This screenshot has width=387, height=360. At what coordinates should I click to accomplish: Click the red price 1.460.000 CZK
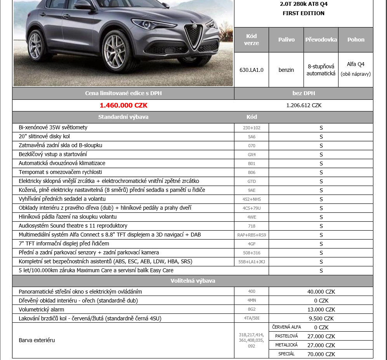point(123,105)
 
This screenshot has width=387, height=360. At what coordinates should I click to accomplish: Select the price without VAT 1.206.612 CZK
point(304,105)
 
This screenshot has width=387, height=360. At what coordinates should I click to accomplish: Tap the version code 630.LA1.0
point(251,70)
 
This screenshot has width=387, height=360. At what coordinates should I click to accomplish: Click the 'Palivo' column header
point(286,40)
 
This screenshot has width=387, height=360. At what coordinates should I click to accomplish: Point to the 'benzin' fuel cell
point(286,70)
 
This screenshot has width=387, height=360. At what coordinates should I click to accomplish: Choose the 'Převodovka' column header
point(321,40)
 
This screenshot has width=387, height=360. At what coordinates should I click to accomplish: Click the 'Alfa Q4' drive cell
point(356,64)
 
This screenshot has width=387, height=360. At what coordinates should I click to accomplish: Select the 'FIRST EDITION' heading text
point(304,13)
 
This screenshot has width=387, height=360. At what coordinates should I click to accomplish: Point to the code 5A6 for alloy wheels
point(252,137)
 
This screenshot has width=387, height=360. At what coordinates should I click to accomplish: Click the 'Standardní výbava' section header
point(123,117)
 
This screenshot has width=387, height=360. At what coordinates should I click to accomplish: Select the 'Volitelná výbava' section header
point(193,281)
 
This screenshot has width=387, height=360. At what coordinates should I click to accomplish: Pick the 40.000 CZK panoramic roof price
point(321,292)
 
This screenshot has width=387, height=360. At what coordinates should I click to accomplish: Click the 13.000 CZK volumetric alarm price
point(321,310)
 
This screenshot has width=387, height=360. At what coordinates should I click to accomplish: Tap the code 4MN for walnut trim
point(252,301)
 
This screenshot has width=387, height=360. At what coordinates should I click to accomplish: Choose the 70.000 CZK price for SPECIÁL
point(325,354)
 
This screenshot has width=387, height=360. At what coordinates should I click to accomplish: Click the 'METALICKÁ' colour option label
point(286,345)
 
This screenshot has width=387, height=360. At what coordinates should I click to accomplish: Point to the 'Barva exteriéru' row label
point(37,340)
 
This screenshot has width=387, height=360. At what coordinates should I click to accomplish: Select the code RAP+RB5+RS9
point(252,235)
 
